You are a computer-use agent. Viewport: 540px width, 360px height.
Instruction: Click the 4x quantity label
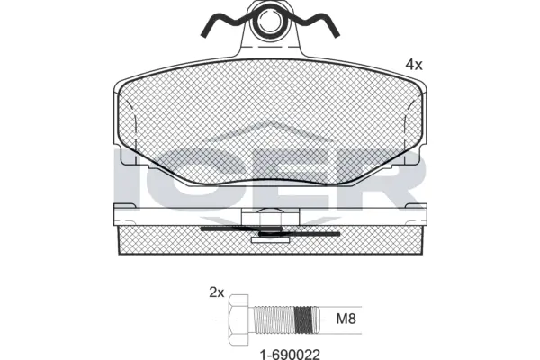(413, 64)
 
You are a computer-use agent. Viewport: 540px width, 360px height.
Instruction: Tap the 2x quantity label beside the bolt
(216, 292)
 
